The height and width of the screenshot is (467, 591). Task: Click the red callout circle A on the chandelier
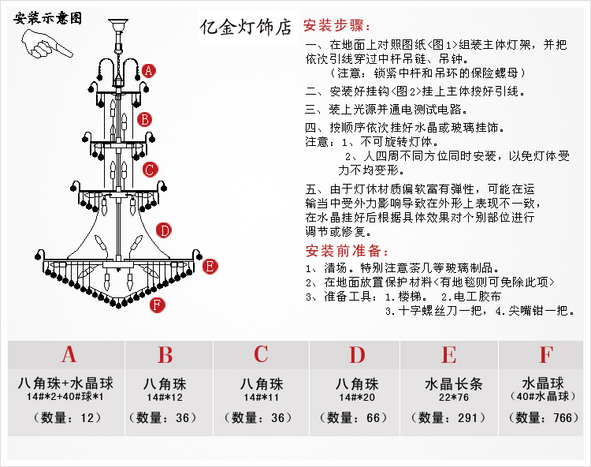[149, 70]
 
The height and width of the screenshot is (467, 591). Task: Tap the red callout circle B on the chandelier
[144, 119]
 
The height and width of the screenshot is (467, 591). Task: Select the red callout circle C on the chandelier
[150, 169]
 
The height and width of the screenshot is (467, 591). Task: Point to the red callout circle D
[164, 230]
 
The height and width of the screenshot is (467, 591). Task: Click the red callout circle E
[210, 266]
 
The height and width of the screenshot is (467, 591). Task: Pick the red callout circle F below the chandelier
[157, 304]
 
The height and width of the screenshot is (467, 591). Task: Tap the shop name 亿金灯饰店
[246, 27]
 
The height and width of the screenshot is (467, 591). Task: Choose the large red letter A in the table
[69, 355]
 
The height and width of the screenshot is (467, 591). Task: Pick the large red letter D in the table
[357, 355]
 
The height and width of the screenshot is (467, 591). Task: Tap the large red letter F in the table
[545, 355]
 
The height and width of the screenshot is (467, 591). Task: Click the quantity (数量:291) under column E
[450, 418]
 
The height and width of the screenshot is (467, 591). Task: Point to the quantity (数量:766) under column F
[545, 418]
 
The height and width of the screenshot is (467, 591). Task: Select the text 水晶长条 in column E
[450, 385]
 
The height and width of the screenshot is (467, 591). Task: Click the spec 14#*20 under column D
[357, 398]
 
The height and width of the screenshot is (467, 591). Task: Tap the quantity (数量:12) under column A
[69, 418]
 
